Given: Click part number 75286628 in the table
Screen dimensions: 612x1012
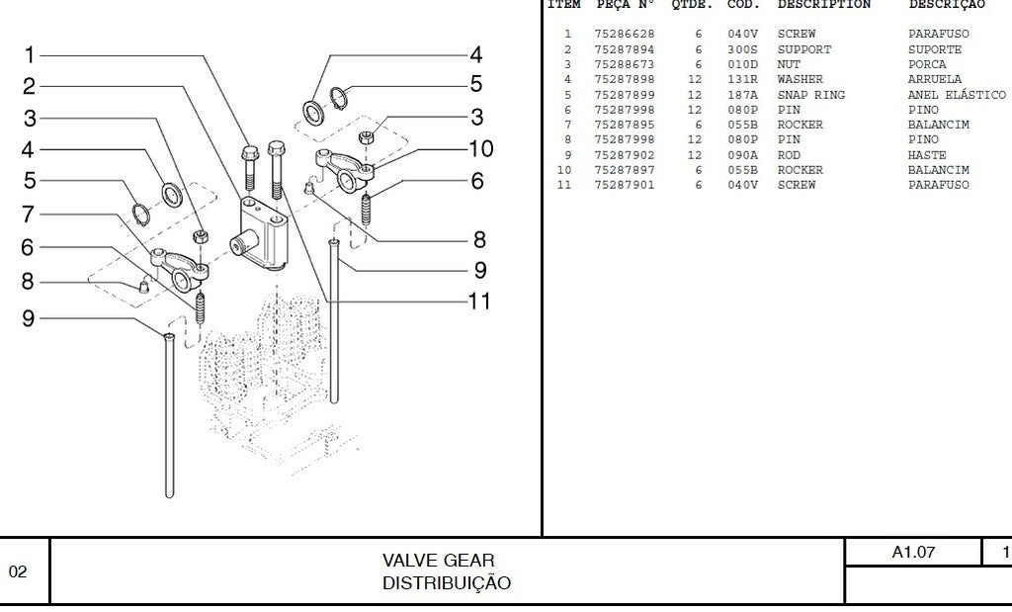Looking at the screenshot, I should tap(624, 34).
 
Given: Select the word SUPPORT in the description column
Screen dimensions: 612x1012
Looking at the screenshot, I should tap(803, 49).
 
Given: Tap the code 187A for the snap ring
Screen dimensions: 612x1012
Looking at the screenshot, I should tap(743, 95).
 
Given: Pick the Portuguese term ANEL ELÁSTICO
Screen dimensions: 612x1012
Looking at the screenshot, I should tap(957, 95).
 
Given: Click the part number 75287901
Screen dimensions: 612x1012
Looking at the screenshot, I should tap(624, 186).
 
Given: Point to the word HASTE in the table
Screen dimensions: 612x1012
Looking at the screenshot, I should tap(926, 155).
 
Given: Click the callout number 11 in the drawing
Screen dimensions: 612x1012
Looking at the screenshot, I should tap(478, 301).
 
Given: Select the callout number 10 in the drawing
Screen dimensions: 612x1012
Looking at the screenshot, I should tap(480, 149).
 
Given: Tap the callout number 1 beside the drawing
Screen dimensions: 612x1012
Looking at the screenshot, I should tap(30, 55).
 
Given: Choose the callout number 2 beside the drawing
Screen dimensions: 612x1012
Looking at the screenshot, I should tap(30, 86).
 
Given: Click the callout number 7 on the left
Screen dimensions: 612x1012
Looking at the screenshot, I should tap(29, 215).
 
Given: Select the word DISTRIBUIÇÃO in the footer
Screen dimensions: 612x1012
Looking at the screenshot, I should tap(447, 583).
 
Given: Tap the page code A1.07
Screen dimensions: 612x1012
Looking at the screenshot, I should tap(913, 553).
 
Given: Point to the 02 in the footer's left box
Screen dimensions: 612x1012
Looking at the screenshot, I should tap(19, 571).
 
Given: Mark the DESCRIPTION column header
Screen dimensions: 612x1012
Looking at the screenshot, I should tap(823, 5).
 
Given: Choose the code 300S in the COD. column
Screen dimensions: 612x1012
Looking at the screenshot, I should tap(743, 49).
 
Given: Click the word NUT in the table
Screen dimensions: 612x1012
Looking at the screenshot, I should tap(789, 64).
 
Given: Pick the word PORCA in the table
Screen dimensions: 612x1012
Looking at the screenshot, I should tap(927, 64).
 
